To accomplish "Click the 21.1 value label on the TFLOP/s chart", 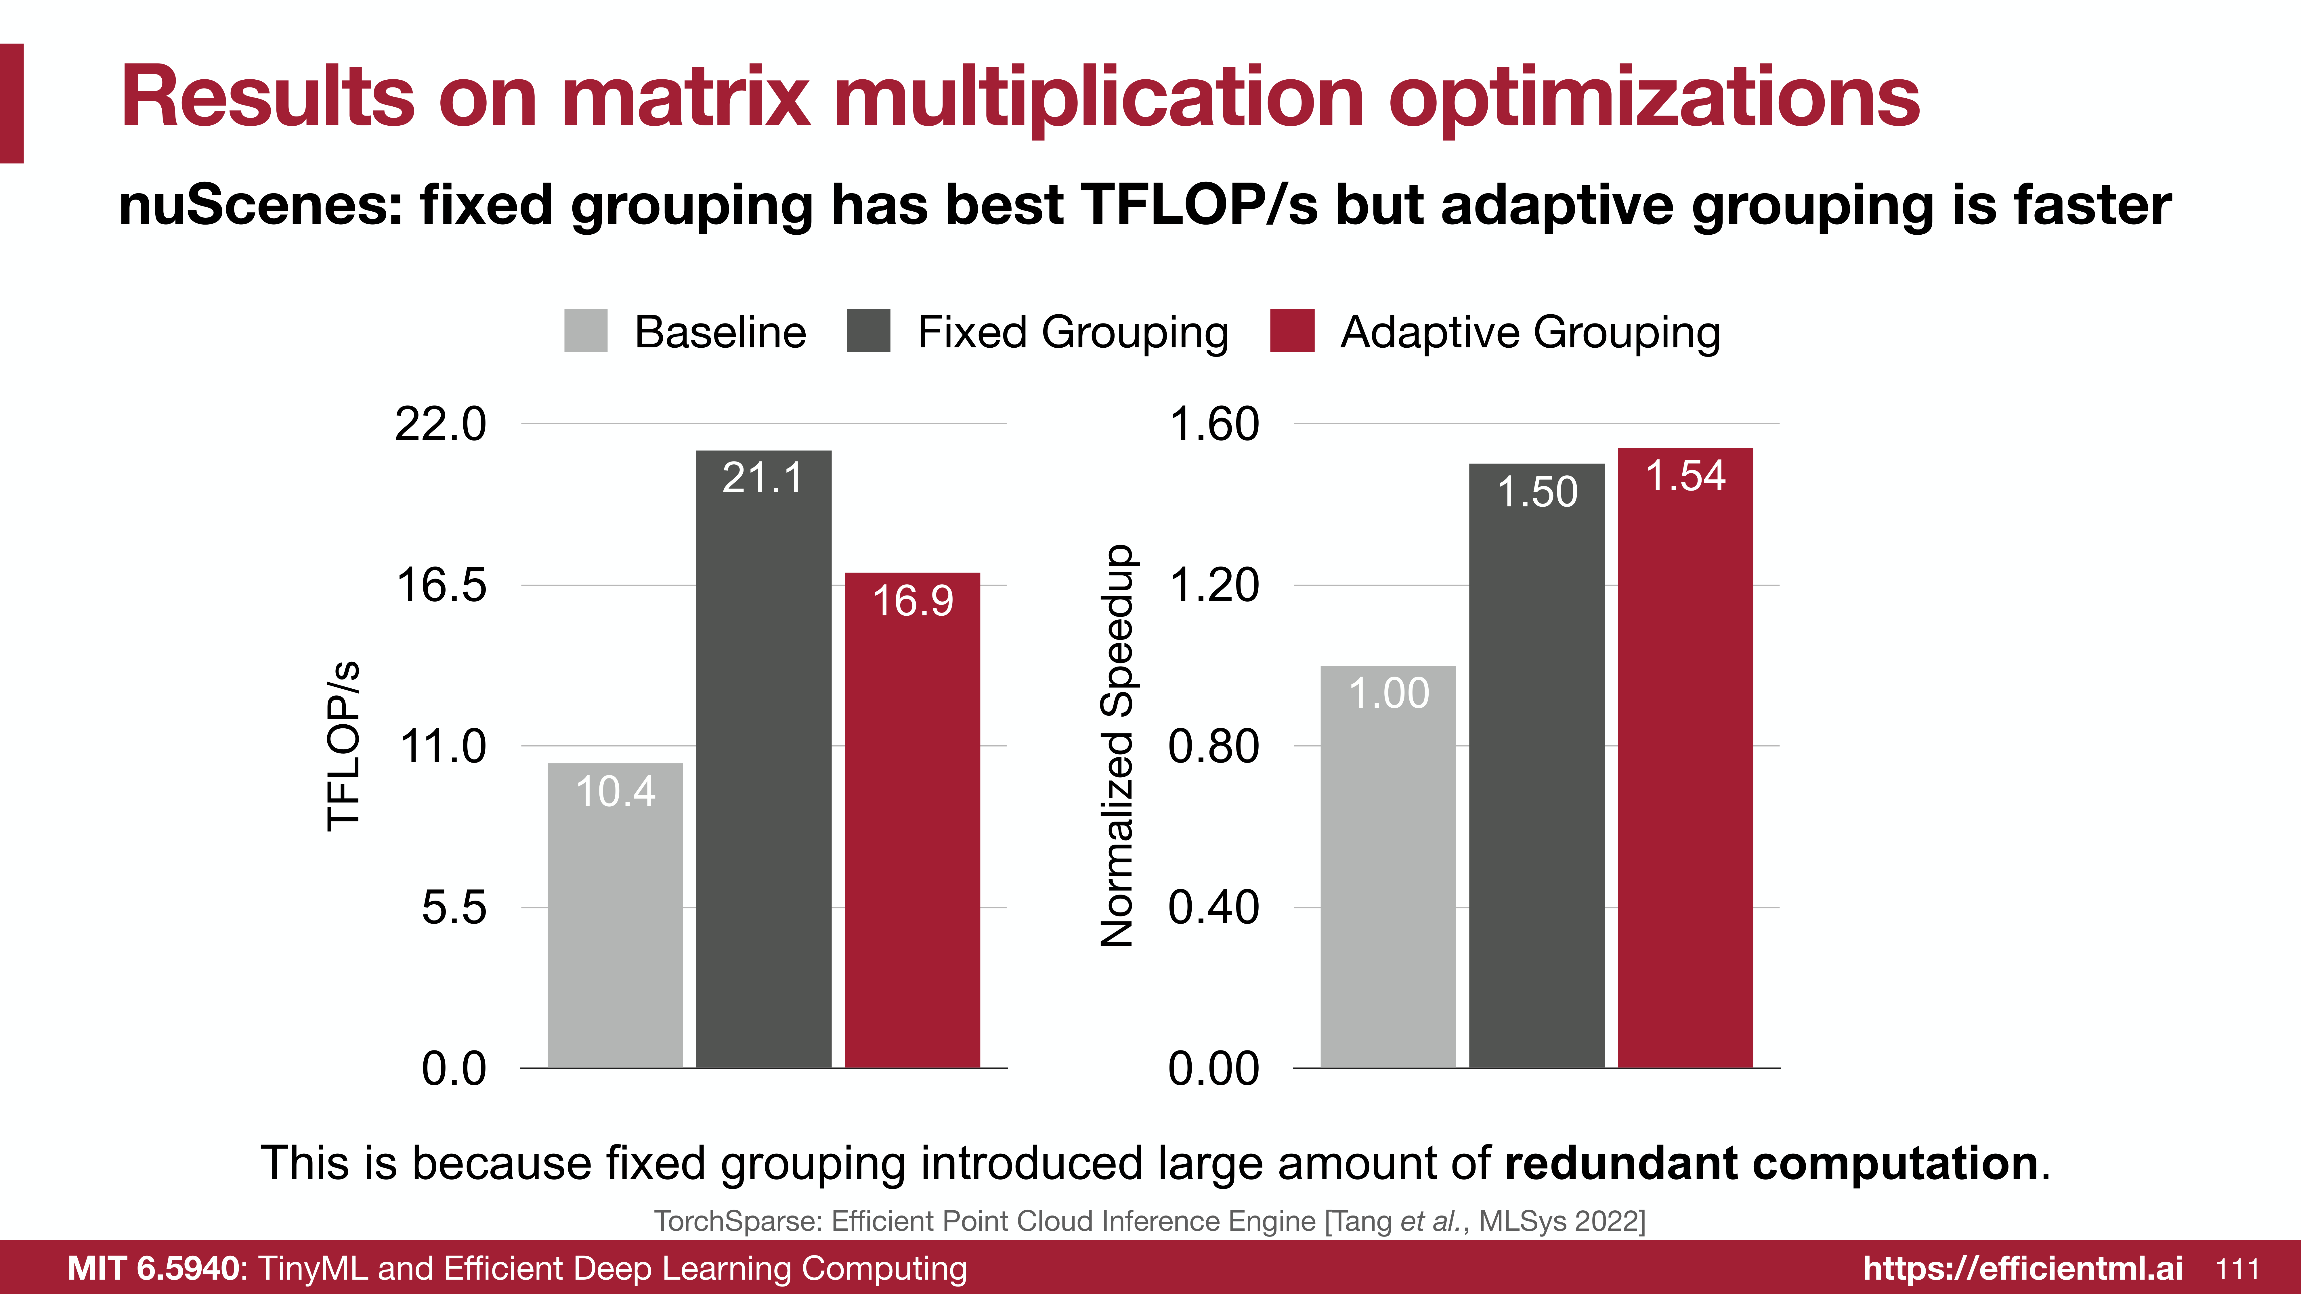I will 763,478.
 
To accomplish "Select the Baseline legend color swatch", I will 586,331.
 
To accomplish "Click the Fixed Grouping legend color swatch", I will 868,331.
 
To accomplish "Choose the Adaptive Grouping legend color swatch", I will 1292,331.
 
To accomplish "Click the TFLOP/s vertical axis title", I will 343,746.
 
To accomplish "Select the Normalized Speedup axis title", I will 1117,746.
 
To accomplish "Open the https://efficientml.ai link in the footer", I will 2022,1268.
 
